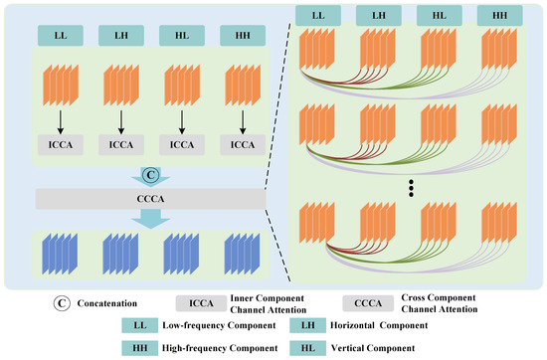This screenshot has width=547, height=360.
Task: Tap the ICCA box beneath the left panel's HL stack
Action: [181, 143]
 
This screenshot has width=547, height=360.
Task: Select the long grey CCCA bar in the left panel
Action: [148, 199]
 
